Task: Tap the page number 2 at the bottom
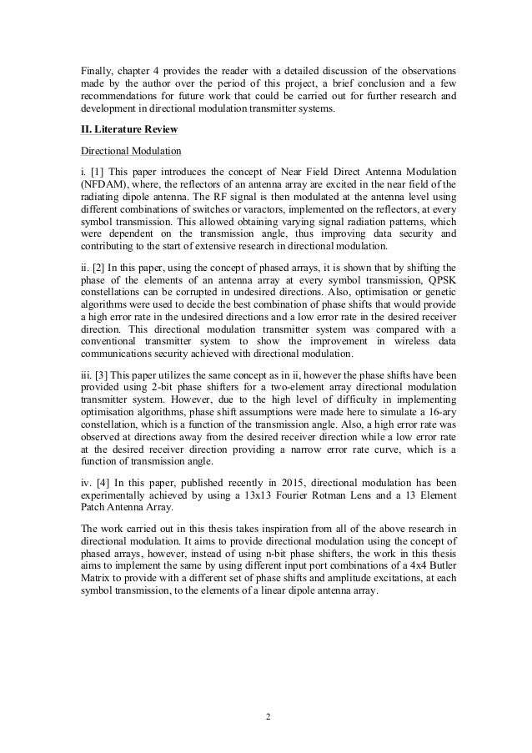[x=266, y=715]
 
